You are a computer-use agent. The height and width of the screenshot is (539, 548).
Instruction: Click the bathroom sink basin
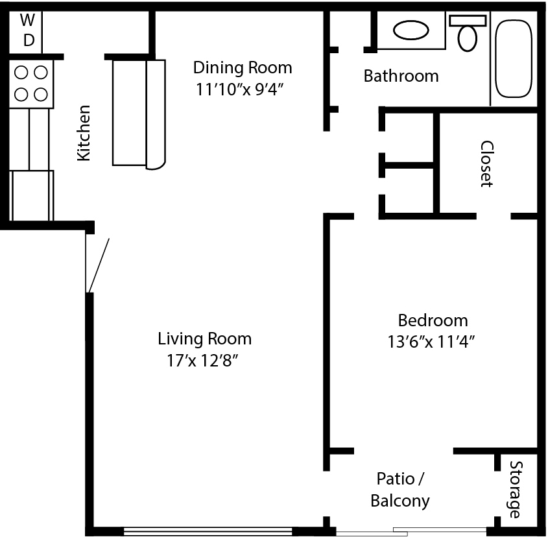pyautogui.click(x=411, y=30)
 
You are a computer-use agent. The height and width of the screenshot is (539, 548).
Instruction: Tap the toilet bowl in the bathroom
pyautogui.click(x=468, y=38)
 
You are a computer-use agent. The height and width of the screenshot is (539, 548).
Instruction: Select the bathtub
pyautogui.click(x=514, y=59)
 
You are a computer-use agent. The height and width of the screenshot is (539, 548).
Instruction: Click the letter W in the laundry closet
pyautogui.click(x=27, y=20)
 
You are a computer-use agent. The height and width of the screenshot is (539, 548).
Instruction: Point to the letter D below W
pyautogui.click(x=29, y=40)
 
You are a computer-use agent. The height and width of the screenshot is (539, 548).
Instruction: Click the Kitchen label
pyautogui.click(x=84, y=133)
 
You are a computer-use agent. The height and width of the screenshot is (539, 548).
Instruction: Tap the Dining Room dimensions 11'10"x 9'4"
pyautogui.click(x=239, y=90)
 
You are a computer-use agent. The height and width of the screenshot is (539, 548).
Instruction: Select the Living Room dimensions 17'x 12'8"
pyautogui.click(x=202, y=361)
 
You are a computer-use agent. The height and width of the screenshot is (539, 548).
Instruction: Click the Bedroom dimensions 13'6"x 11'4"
pyautogui.click(x=431, y=342)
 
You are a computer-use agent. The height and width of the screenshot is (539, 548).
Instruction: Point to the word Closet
pyautogui.click(x=487, y=164)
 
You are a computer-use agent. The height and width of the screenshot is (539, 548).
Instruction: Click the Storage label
pyautogui.click(x=515, y=489)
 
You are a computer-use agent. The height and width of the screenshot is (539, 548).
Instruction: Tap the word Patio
pyautogui.click(x=396, y=479)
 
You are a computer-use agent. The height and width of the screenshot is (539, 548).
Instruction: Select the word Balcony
pyautogui.click(x=400, y=501)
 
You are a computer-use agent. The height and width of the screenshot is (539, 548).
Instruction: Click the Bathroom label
pyautogui.click(x=401, y=76)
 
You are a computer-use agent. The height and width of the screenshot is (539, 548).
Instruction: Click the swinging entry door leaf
pyautogui.click(x=99, y=265)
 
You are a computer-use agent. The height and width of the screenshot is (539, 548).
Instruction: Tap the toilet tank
pyautogui.click(x=468, y=21)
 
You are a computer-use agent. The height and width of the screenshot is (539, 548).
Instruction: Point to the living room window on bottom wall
pyautogui.click(x=208, y=531)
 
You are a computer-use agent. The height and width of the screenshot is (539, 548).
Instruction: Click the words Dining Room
pyautogui.click(x=243, y=67)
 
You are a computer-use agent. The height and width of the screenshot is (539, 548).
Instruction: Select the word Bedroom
pyautogui.click(x=433, y=320)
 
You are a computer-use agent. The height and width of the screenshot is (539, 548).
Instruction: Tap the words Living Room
pyautogui.click(x=205, y=339)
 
